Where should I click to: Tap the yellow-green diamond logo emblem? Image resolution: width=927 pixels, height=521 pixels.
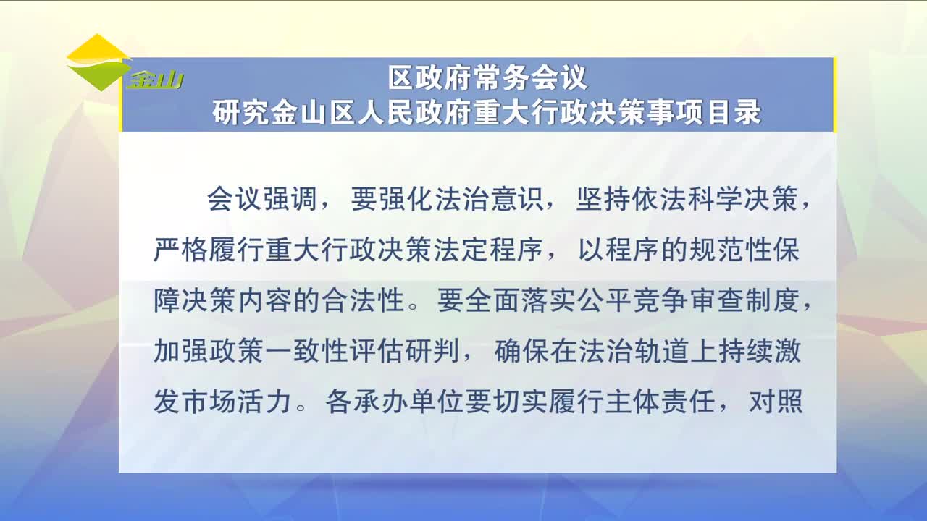coord(98,62)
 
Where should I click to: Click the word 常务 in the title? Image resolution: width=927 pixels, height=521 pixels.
coord(503,77)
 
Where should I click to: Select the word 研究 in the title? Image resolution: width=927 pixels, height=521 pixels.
coord(240,111)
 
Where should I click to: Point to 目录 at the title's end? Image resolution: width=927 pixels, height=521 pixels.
coord(734,111)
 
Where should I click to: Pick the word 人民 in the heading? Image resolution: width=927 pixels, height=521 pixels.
coord(387,111)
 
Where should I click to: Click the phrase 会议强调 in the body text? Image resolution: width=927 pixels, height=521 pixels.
coord(262,199)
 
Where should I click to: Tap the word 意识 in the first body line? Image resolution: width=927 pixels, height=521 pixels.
coord(516,199)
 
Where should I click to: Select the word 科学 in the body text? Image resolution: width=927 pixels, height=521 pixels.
coord(714,199)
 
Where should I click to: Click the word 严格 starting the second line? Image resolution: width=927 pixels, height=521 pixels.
coord(180,250)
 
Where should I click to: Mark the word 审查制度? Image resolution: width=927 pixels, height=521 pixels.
coord(744,300)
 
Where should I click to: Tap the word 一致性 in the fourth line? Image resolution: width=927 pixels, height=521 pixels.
coord(306,351)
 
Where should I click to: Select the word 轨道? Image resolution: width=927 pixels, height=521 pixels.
coord(662,351)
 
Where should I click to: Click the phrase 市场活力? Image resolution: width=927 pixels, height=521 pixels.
coord(236,402)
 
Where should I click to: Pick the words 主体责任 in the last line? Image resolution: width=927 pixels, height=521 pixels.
coord(660,402)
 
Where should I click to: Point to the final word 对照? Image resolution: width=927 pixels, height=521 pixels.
coord(776,402)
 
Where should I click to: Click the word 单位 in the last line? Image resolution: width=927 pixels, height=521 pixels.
coord(436,402)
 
